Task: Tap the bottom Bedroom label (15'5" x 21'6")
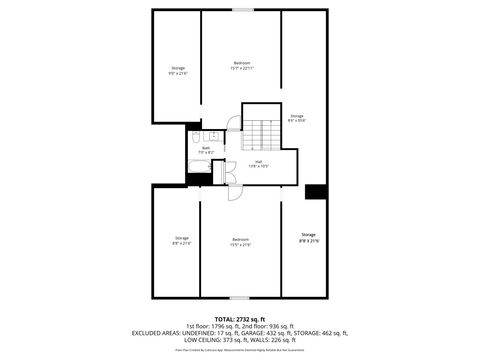241,240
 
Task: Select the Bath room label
205,150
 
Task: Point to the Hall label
257,163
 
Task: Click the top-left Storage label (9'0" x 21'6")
177,70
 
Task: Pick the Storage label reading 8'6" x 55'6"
296,118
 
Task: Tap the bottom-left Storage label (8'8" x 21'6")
181,240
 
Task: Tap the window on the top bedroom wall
242,10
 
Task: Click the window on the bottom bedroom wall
241,298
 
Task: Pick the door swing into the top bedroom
233,126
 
